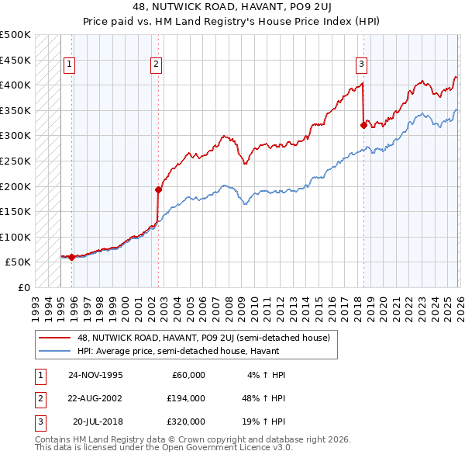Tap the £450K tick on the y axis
click(x=15, y=60)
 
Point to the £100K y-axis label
click(x=15, y=237)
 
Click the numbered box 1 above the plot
click(x=70, y=64)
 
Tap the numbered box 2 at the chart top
click(x=156, y=64)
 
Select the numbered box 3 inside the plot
click(x=361, y=64)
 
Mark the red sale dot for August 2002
click(x=158, y=189)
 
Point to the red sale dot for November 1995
click(x=71, y=257)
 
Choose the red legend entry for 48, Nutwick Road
click(x=203, y=338)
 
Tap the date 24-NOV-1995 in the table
click(x=95, y=374)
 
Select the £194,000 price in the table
click(x=186, y=397)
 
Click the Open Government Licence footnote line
click(x=164, y=448)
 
